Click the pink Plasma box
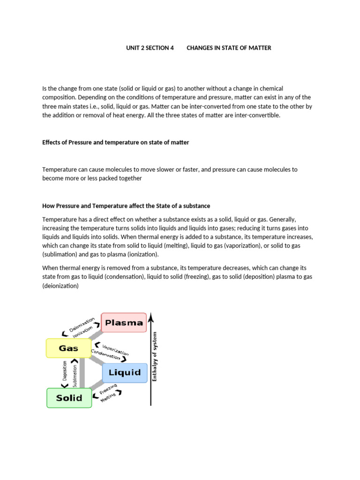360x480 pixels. click(124, 322)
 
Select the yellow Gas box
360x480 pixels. click(68, 348)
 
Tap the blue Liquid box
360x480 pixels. click(125, 373)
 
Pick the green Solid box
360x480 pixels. click(69, 398)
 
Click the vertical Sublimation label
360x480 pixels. click(75, 373)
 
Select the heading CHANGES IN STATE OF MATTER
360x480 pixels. click(229, 48)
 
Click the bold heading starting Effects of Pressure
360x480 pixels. click(115, 142)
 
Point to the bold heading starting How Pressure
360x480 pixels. click(126, 206)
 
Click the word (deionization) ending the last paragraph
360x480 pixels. click(60, 285)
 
